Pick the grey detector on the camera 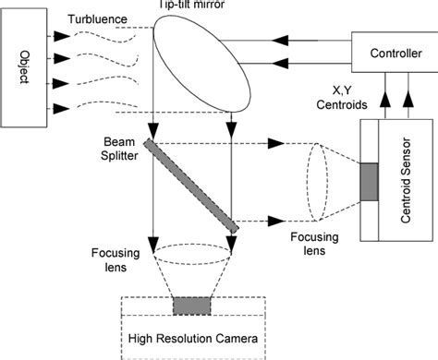[191, 306]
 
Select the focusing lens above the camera [191, 255]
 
